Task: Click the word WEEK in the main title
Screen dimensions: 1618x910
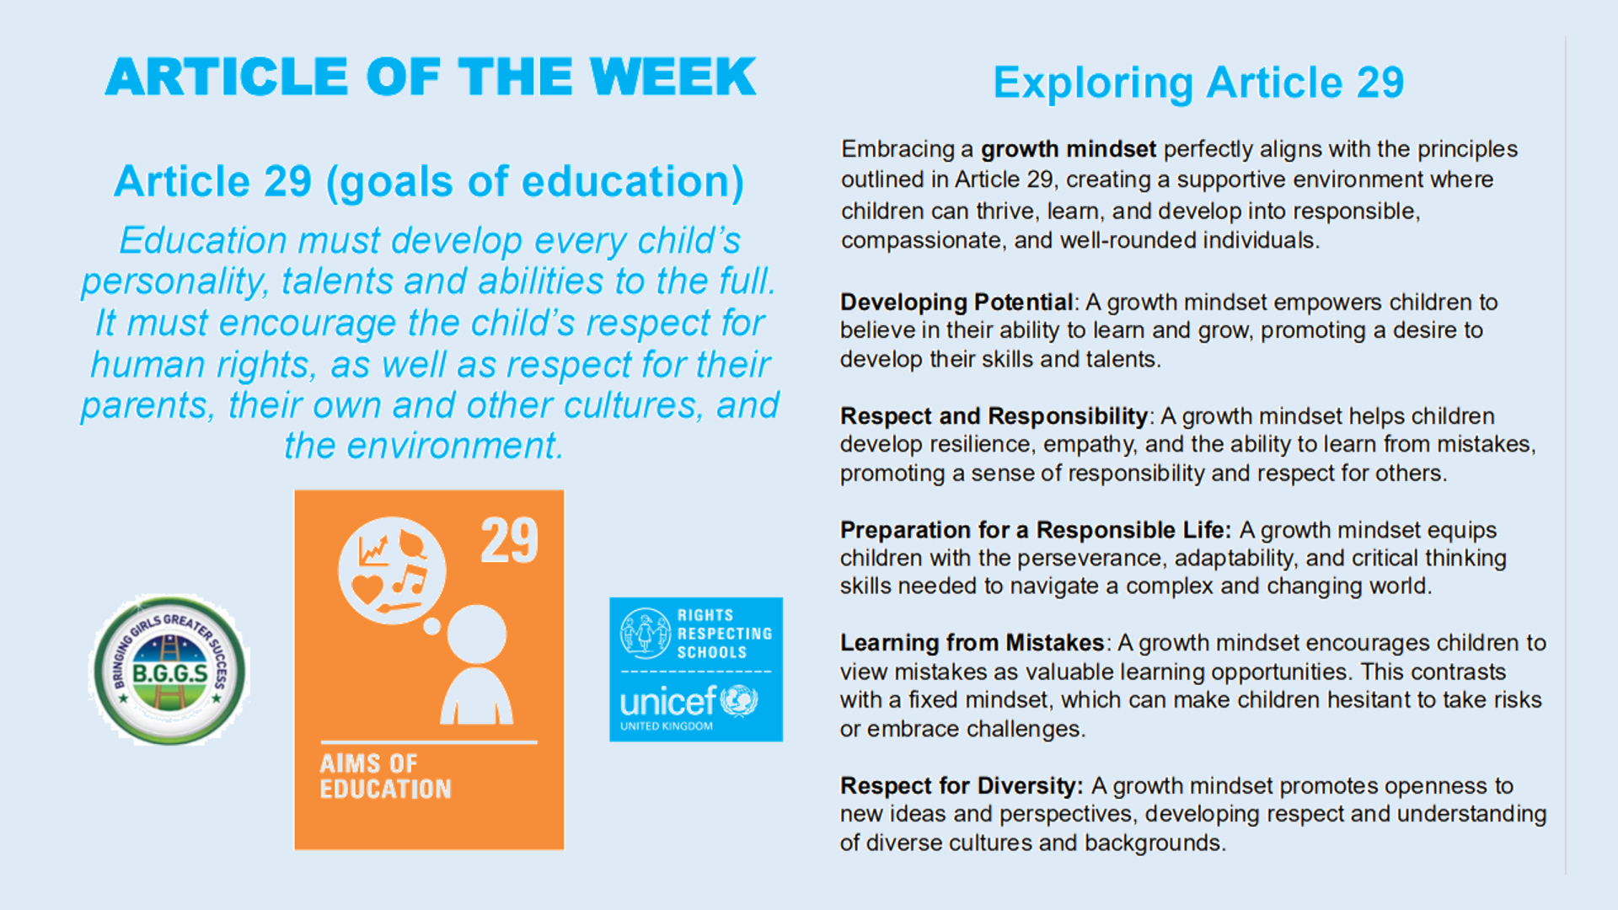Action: click(672, 77)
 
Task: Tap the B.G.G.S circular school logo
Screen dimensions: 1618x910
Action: click(169, 670)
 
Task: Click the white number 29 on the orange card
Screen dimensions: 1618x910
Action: click(510, 541)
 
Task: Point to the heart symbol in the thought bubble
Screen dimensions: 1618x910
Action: click(367, 588)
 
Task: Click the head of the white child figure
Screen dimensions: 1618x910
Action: click(477, 634)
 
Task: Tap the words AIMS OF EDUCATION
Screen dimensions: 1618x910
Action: click(385, 776)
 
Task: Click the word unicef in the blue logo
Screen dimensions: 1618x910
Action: click(667, 701)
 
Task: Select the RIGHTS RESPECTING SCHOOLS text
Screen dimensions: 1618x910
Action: click(725, 634)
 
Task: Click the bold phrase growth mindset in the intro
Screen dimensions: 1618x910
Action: click(1068, 149)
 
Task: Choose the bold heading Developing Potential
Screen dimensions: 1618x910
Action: click(956, 302)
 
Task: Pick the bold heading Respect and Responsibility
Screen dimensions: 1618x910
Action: click(994, 416)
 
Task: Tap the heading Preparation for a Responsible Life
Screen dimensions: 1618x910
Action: click(1036, 530)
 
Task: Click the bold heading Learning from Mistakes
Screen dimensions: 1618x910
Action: click(972, 643)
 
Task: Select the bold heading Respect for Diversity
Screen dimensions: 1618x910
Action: click(962, 786)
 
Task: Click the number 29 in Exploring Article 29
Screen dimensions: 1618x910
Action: click(1380, 83)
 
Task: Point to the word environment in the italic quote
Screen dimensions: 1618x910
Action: click(453, 446)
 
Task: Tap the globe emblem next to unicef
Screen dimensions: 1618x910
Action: click(739, 701)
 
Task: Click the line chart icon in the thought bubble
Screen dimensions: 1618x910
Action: click(373, 549)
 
